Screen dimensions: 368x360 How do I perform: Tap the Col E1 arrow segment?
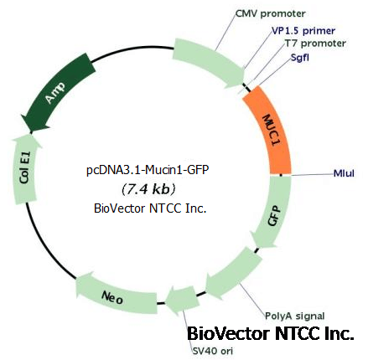[26, 169]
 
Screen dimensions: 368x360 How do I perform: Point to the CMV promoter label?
[270, 13]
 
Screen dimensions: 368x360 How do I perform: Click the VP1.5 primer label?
[303, 31]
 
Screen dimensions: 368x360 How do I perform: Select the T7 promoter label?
[315, 44]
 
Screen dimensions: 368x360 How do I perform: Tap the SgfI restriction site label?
[300, 58]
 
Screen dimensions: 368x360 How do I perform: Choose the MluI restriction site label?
[344, 173]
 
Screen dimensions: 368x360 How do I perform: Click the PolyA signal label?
[294, 316]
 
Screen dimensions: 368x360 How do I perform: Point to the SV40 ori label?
[212, 351]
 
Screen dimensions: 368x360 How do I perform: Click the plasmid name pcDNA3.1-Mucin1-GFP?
[148, 170]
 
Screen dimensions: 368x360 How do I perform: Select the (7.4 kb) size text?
[148, 189]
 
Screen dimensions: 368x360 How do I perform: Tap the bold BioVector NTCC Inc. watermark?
[270, 333]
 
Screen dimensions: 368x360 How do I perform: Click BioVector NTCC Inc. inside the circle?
[150, 208]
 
